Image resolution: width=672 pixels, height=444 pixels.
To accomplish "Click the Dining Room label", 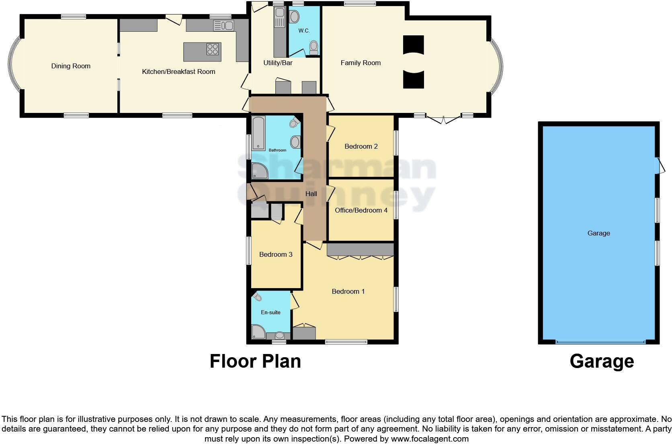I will coord(71,66).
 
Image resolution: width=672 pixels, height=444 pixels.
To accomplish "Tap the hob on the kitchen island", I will coord(213,49).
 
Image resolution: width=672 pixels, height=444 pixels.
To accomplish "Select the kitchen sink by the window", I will coord(223,26).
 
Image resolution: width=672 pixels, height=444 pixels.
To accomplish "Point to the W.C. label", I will coord(304,31).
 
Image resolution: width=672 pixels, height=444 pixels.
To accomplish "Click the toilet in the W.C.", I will coord(314,48).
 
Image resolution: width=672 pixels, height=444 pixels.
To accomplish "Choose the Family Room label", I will coord(361,63).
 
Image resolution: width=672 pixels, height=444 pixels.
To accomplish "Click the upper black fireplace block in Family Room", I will coord(414,44).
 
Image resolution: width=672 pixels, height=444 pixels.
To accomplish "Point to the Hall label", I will coord(311,194).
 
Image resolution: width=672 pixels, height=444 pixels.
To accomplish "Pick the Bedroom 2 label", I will coord(361,146).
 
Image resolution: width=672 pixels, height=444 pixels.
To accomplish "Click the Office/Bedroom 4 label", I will coord(361,210).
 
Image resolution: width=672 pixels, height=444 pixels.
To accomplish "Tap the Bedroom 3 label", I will coord(276,254).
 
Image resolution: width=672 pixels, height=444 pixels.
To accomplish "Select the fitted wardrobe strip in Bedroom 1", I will coord(360,250).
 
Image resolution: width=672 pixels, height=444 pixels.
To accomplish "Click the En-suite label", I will coord(270,312).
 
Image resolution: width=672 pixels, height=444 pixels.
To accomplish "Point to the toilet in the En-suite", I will coord(258,297).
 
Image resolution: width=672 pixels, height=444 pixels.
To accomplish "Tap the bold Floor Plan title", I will coord(255,361).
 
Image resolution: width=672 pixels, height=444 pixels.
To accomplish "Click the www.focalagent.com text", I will coord(430,439).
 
